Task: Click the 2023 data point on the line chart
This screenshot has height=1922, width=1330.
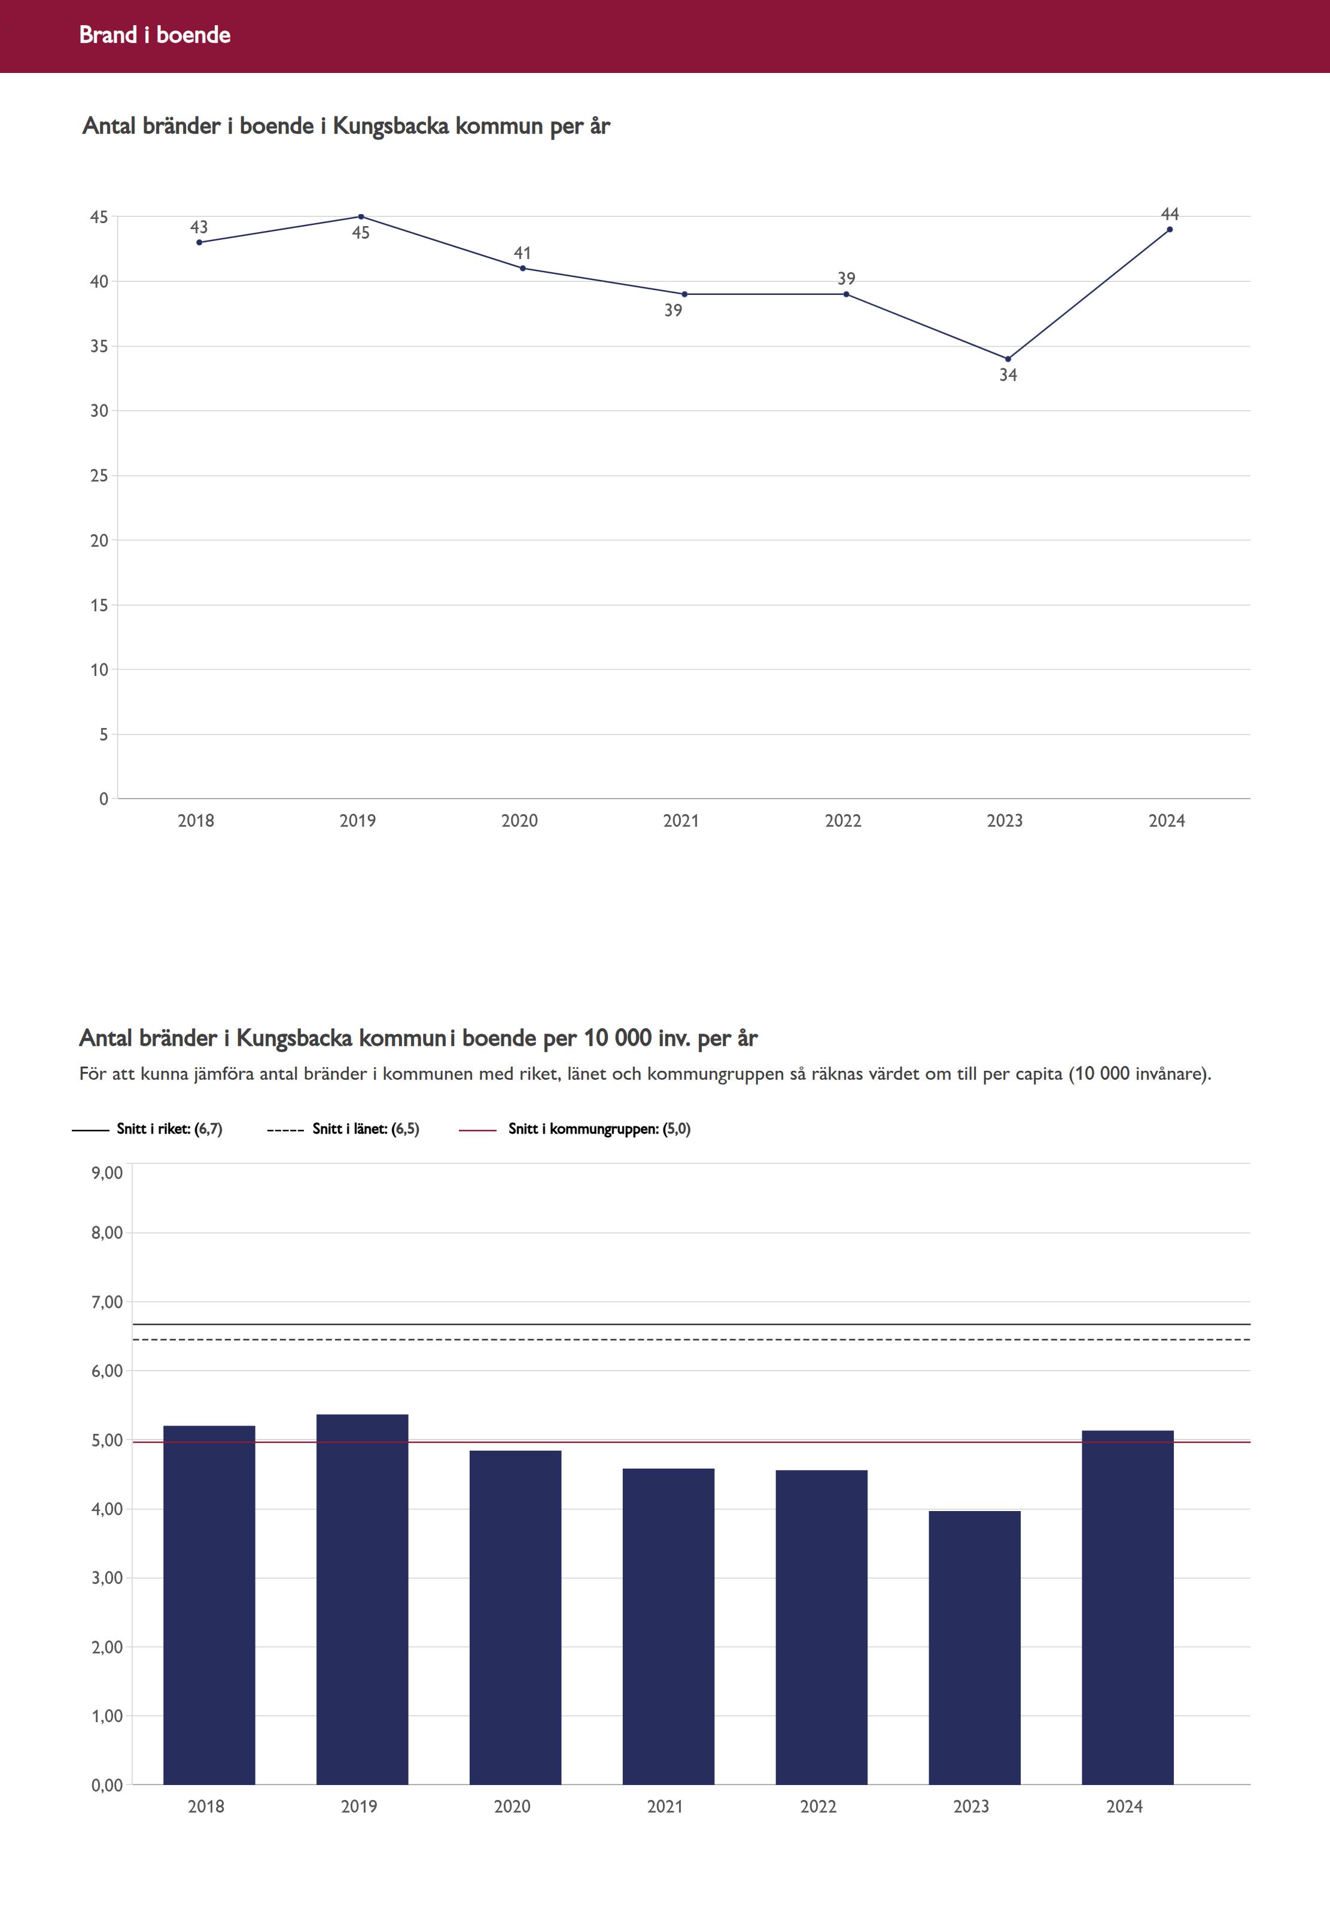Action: click(1008, 359)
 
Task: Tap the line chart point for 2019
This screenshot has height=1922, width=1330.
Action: click(361, 217)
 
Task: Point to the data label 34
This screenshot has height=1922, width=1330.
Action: click(1008, 376)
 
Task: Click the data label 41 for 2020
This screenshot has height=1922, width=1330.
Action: click(522, 253)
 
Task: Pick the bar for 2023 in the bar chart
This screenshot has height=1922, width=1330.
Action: click(974, 1650)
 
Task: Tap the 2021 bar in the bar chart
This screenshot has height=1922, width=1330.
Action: click(668, 1629)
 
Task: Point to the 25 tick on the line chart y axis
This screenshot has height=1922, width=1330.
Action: click(99, 476)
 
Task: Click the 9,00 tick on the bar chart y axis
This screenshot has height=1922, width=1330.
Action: click(106, 1173)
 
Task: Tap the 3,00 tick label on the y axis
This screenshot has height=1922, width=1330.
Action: click(106, 1578)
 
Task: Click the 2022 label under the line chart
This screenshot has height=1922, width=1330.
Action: click(842, 821)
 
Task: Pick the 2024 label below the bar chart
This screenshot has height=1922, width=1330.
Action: click(1124, 1806)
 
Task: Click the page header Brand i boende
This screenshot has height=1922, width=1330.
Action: click(155, 35)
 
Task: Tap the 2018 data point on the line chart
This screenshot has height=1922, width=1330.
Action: click(199, 242)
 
